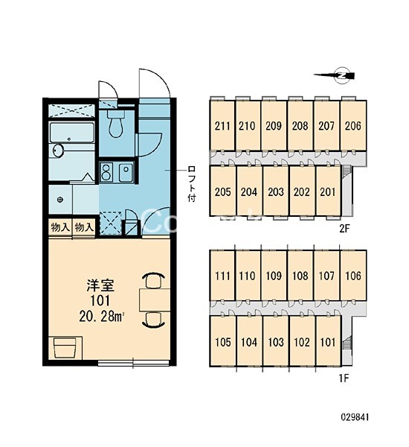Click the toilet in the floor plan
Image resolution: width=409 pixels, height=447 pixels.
pyautogui.click(x=116, y=123)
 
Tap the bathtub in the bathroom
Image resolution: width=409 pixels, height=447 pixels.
pyautogui.click(x=71, y=133)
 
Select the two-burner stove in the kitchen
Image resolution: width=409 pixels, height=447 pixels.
pyautogui.click(x=107, y=172)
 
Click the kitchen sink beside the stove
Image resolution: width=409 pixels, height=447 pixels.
pyautogui.click(x=126, y=172)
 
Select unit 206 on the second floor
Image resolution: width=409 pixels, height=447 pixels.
pyautogui.click(x=353, y=125)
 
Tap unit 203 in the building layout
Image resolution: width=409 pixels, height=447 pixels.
pyautogui.click(x=275, y=191)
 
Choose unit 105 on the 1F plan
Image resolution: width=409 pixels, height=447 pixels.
pyautogui.click(x=222, y=342)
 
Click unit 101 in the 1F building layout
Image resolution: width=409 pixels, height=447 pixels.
pyautogui.click(x=328, y=342)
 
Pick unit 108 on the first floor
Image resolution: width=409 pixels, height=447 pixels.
pyautogui.click(x=300, y=276)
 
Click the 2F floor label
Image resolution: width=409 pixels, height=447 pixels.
pyautogui.click(x=344, y=229)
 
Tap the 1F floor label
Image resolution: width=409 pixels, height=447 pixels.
pyautogui.click(x=344, y=378)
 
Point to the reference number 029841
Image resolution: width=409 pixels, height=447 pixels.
pyautogui.click(x=355, y=417)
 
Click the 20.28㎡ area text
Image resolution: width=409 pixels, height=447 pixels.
pyautogui.click(x=102, y=316)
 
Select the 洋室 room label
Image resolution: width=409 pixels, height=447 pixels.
pyautogui.click(x=100, y=285)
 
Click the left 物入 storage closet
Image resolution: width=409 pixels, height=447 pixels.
pyautogui.click(x=60, y=227)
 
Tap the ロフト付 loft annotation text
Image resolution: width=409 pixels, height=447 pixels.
pyautogui.click(x=192, y=184)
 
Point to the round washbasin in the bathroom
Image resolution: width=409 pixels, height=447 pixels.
pyautogui.click(x=57, y=150)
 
